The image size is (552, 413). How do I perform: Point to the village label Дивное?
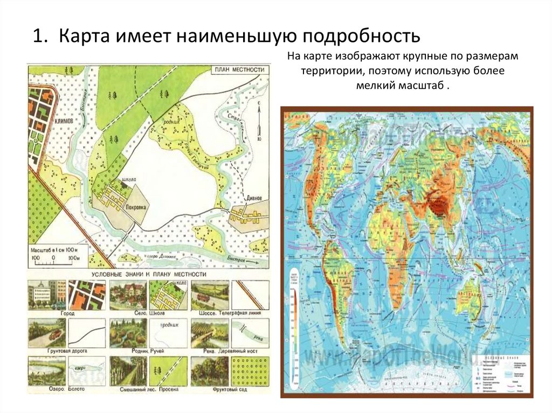tap(256, 198)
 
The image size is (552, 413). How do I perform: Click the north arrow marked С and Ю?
tap(259, 122)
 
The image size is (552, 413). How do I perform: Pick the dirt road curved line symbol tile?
tap(87, 332)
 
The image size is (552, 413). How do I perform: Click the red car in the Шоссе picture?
tap(204, 297)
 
